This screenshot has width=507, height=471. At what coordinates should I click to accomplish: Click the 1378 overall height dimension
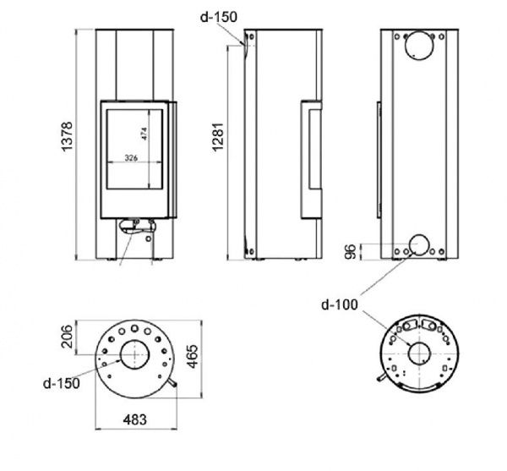coord(67,136)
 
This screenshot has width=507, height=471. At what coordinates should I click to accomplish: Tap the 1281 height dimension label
coord(218,137)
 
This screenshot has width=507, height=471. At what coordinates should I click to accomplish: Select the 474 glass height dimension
coord(144,134)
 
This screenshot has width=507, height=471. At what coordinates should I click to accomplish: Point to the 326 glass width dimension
coord(131,158)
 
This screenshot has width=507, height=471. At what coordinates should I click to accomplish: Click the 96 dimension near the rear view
coord(350,252)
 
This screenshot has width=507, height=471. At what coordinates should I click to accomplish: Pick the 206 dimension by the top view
coord(67,337)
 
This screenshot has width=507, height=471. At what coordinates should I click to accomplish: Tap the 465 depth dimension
coord(193,357)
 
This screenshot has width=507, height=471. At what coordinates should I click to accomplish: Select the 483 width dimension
coord(135,419)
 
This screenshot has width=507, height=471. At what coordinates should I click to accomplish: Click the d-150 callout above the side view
coord(219,17)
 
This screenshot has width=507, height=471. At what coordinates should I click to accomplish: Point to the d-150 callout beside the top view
coord(61,383)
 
